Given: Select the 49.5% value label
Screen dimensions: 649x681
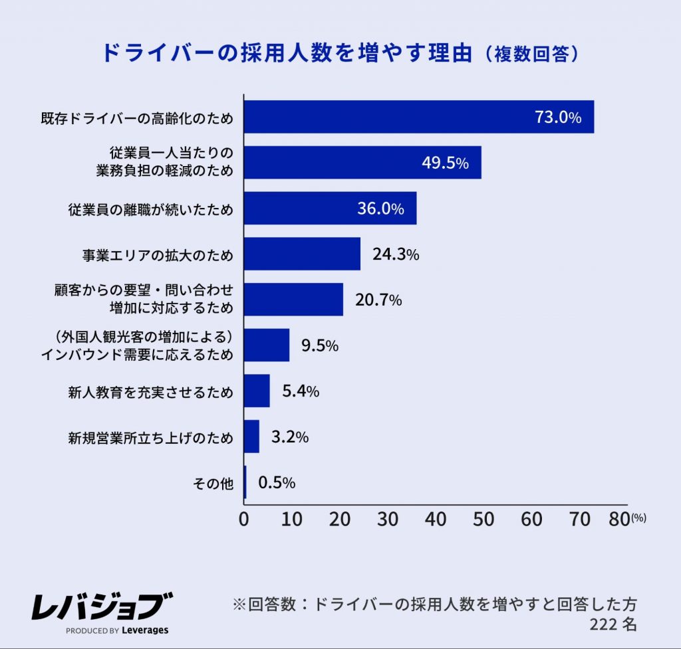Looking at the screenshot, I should (446, 163).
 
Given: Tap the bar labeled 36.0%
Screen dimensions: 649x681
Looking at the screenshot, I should (330, 209).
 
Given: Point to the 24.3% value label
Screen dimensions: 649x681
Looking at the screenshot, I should (395, 254).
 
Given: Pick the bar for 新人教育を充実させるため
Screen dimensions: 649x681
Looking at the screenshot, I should (257, 391).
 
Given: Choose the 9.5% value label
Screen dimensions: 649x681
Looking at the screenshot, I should (319, 345).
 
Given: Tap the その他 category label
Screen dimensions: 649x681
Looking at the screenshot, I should (213, 483).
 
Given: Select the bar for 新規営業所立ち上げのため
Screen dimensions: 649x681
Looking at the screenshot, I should (251, 436).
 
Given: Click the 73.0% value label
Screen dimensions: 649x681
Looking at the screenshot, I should (558, 118).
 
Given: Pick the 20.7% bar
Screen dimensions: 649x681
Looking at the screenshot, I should (293, 300).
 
